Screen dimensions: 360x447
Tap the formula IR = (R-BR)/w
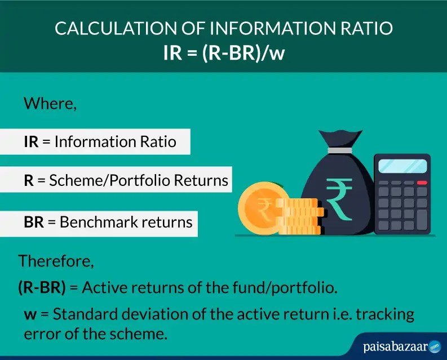223,52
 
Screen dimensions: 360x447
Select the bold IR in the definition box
31,142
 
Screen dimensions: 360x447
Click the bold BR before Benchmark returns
33,221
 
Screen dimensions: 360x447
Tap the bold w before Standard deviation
30,314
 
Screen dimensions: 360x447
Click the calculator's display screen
402,166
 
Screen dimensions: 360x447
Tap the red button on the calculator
421,183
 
